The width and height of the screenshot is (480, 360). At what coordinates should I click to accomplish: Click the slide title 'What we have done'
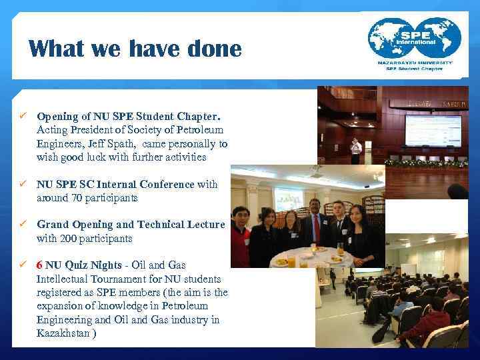pyautogui.click(x=135, y=49)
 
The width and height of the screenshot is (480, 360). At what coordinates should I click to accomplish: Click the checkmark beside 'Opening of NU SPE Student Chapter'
pyautogui.click(x=21, y=117)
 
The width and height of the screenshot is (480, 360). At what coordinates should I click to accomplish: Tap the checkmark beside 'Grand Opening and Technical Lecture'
pyautogui.click(x=21, y=225)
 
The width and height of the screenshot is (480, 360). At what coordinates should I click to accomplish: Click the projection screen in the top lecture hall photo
pyautogui.click(x=433, y=131)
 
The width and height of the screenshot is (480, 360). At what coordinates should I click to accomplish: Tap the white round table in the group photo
pyautogui.click(x=307, y=258)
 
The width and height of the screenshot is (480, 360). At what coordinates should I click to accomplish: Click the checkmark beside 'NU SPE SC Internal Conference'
pyautogui.click(x=21, y=184)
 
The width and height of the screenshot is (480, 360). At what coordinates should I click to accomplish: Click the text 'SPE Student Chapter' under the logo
pyautogui.click(x=415, y=69)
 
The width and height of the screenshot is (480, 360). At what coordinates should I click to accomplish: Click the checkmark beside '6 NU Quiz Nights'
pyautogui.click(x=21, y=265)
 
